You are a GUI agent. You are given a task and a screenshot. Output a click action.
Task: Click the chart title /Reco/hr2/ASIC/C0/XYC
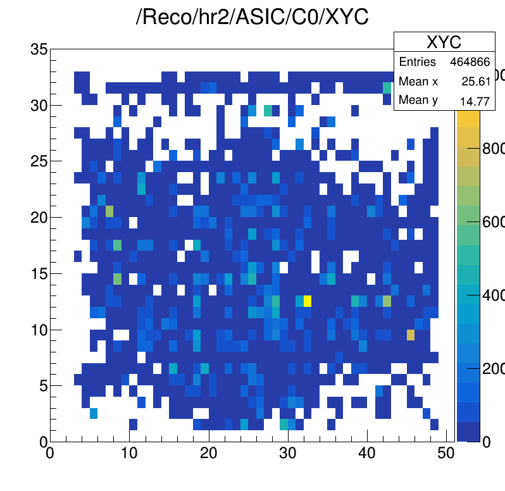(253, 18)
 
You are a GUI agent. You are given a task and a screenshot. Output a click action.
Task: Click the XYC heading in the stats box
(444, 42)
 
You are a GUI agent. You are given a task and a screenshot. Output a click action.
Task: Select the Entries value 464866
(470, 62)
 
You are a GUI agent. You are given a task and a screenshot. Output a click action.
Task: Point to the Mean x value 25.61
(478, 82)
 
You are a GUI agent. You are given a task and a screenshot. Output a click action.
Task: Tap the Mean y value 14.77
(478, 101)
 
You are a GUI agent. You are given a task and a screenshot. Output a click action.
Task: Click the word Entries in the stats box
(417, 62)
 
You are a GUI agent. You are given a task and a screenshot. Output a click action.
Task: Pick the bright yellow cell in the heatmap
(308, 300)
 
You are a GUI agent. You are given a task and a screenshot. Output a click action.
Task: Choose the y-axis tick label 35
(39, 49)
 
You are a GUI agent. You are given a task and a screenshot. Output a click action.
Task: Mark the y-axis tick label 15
(39, 273)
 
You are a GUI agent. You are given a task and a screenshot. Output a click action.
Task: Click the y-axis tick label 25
(39, 161)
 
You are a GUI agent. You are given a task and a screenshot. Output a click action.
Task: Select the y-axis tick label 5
(43, 385)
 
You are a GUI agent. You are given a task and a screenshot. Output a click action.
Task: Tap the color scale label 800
(493, 148)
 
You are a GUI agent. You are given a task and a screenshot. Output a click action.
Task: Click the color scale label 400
(493, 295)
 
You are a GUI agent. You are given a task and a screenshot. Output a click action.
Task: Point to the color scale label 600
(493, 221)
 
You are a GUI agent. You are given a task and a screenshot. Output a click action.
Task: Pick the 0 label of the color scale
(486, 442)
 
